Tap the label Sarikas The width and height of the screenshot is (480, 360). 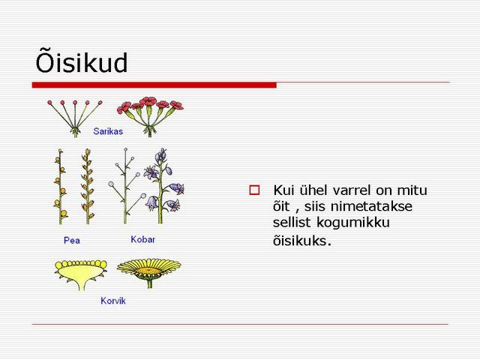[108, 131]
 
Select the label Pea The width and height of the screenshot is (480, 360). [72, 240]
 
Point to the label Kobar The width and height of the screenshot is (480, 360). [143, 239]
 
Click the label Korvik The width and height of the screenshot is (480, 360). [113, 301]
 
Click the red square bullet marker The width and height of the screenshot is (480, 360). [254, 190]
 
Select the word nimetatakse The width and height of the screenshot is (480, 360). [372, 206]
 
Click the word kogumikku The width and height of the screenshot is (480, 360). [353, 223]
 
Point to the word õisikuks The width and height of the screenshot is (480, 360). [302, 240]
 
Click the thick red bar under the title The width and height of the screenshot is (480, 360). [154, 85]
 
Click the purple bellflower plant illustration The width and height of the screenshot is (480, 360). [163, 185]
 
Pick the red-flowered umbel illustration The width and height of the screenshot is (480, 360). [150, 116]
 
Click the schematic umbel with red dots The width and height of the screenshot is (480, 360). [75, 118]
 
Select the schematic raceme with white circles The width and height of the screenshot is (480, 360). [126, 186]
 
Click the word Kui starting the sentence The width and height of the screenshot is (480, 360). [283, 190]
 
